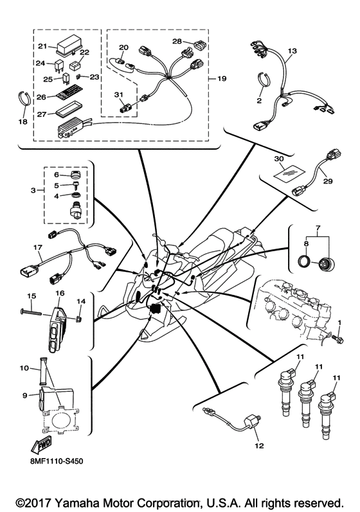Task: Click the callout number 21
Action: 42,46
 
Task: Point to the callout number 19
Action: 222,79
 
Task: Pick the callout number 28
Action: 177,41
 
